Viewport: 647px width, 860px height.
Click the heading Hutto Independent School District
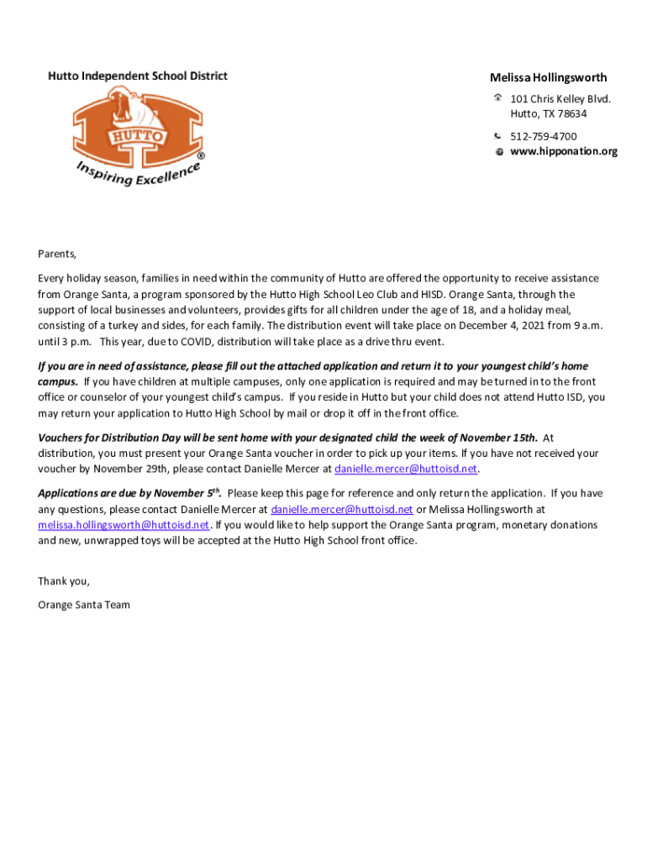pyautogui.click(x=137, y=76)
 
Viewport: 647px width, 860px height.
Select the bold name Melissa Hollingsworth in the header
pyautogui.click(x=548, y=78)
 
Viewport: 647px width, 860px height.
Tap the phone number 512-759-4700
pyautogui.click(x=543, y=136)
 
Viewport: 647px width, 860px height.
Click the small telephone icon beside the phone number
pyautogui.click(x=498, y=136)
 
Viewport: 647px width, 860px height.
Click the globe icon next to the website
pyautogui.click(x=498, y=152)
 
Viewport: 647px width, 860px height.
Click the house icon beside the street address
pyautogui.click(x=498, y=99)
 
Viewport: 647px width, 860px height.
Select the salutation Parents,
pyautogui.click(x=57, y=254)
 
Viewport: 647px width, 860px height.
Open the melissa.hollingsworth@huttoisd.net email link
pyautogui.click(x=124, y=525)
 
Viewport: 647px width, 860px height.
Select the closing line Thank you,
pyautogui.click(x=64, y=581)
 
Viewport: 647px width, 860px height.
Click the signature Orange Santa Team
pyautogui.click(x=84, y=605)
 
